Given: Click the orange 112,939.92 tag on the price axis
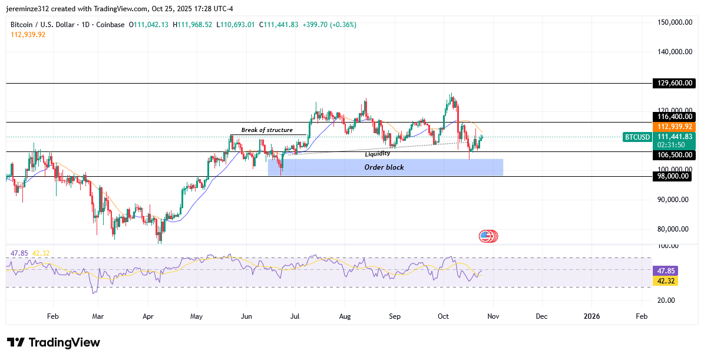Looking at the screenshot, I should (675, 127).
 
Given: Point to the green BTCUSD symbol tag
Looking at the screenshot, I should (637, 137).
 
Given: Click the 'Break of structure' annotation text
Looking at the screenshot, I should (267, 130).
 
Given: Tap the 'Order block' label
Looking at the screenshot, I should (384, 167).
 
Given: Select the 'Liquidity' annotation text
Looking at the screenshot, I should (378, 154).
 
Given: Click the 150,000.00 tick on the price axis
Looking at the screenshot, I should (675, 22).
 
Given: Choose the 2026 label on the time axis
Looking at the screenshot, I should (591, 316).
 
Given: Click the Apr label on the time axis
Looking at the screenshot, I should (148, 316).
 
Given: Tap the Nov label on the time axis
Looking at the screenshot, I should (493, 316).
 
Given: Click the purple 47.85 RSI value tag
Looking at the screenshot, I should (666, 270).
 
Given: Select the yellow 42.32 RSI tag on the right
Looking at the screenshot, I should (666, 281).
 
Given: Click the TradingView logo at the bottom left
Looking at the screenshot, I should (54, 343).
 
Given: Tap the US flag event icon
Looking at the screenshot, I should (485, 236).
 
